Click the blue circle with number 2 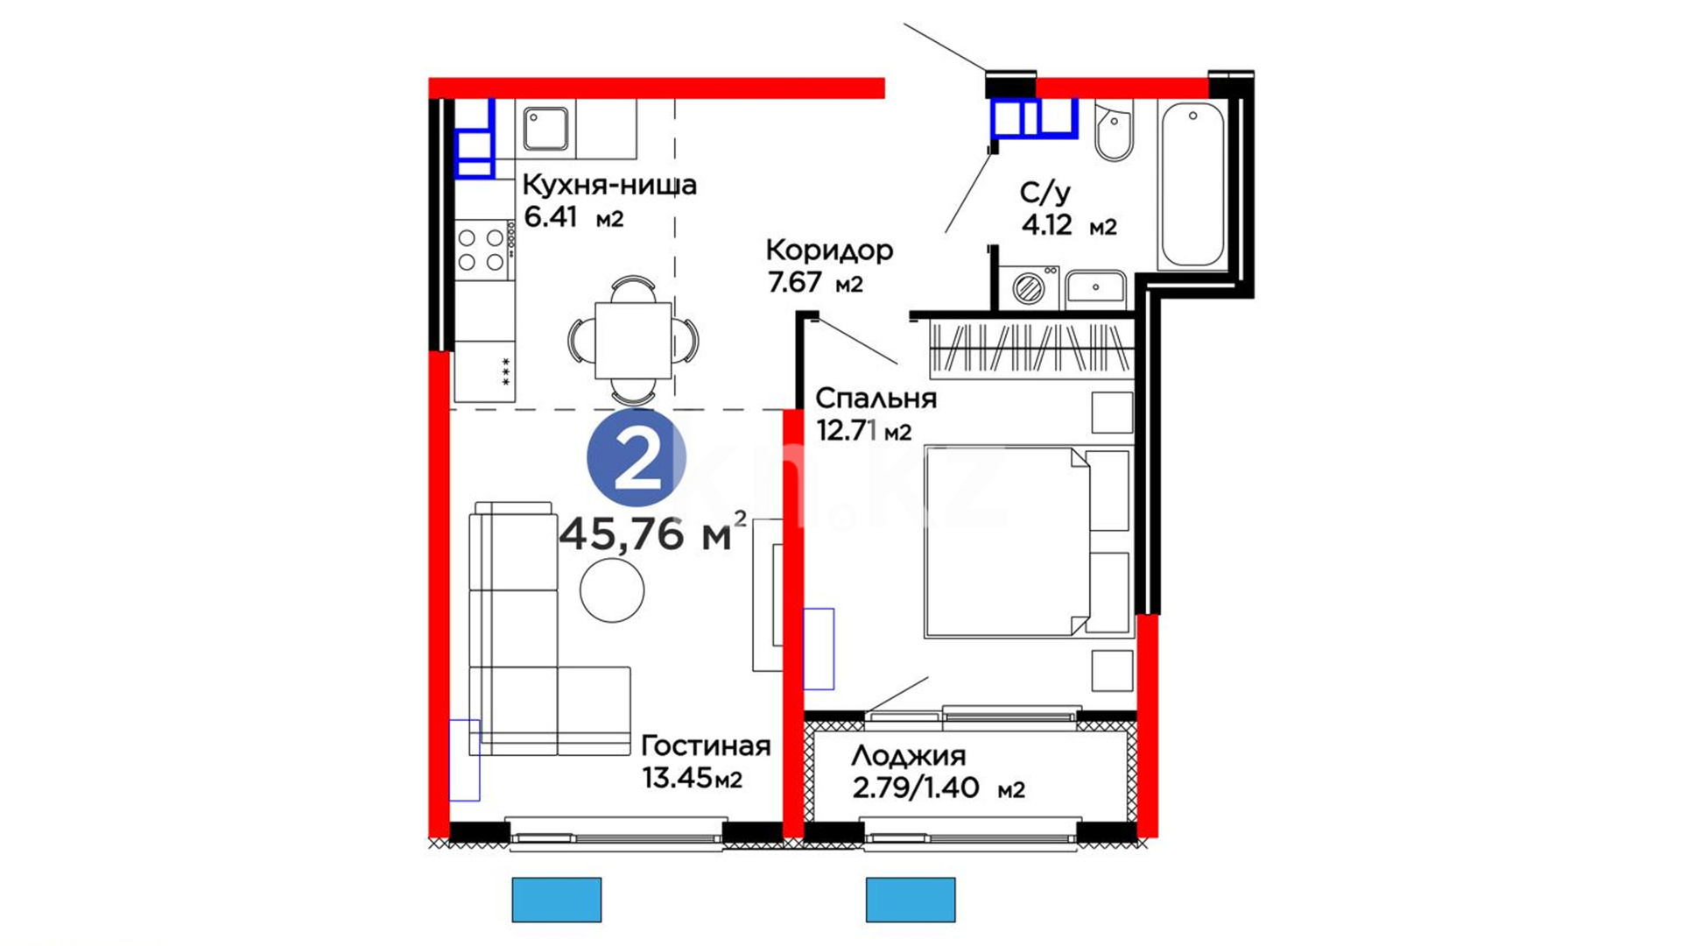(636, 457)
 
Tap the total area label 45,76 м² (653, 531)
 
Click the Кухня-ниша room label (609, 185)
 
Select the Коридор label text (829, 251)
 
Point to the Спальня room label (876, 399)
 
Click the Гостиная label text (706, 745)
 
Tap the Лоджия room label (908, 756)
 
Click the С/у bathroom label (1045, 193)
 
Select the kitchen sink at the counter (545, 128)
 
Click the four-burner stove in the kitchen (482, 250)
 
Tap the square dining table (633, 340)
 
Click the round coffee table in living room (612, 590)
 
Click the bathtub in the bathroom (1192, 184)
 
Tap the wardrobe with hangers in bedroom (1030, 349)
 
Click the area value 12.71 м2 (864, 431)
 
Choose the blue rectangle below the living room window (557, 900)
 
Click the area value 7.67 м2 (815, 283)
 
